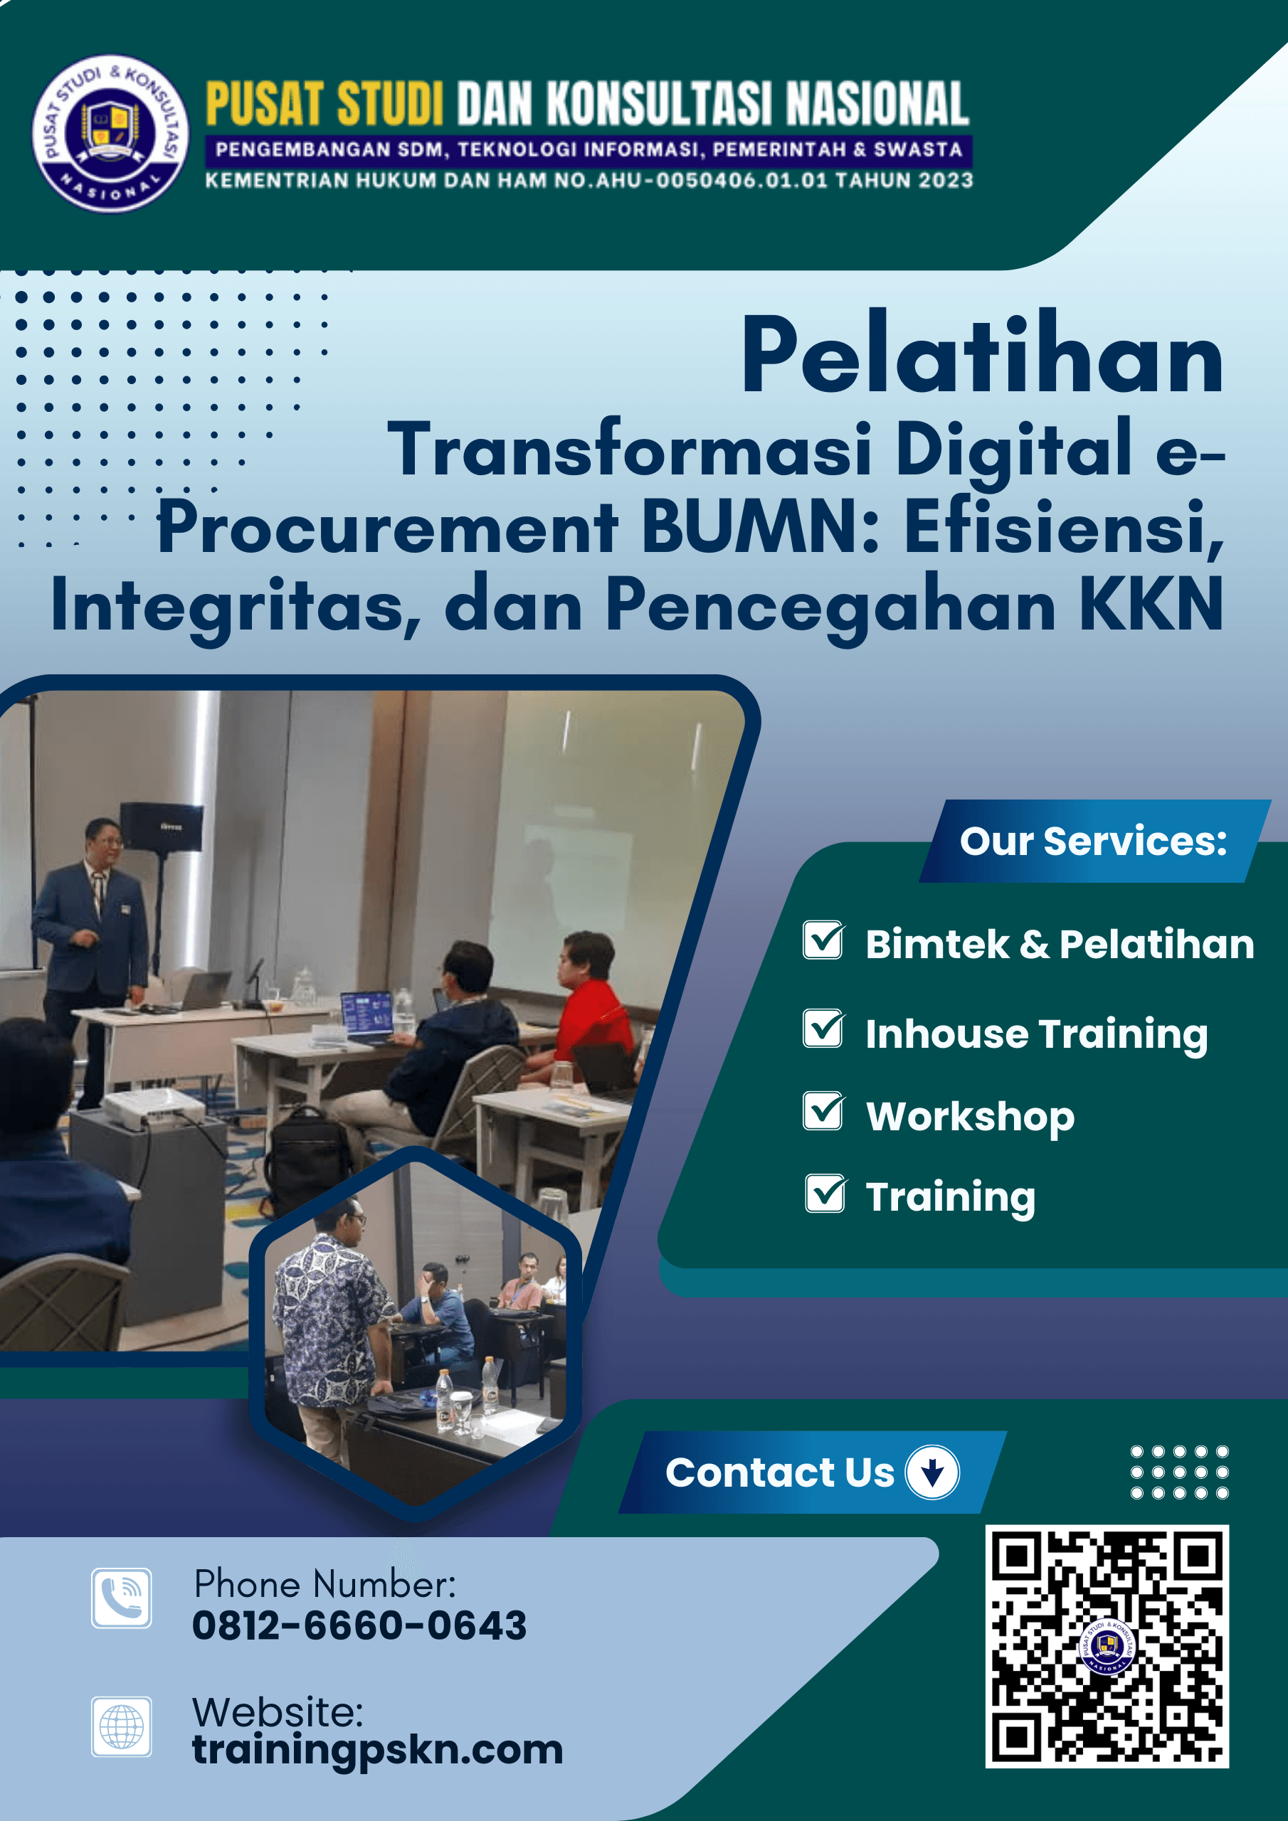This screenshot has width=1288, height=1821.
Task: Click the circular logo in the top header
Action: coord(110,133)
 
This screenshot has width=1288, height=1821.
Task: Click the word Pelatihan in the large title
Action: coord(983,354)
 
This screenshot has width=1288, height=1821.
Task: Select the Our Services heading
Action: coord(1093,841)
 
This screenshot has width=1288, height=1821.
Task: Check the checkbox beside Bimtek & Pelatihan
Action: coord(824,940)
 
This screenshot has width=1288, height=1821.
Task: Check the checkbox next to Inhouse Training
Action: coord(824,1029)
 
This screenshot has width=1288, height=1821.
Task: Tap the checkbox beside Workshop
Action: coord(824,1110)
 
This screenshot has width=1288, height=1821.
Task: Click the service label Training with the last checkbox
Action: coord(950,1198)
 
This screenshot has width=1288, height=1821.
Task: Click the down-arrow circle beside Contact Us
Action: coord(932,1472)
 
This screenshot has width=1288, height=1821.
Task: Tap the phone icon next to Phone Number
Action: coord(122,1598)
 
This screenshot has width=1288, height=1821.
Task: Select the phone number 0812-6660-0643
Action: coord(359,1625)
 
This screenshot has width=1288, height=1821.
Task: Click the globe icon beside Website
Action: coord(122,1726)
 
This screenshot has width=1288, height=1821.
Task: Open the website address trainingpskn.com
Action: coord(378,1751)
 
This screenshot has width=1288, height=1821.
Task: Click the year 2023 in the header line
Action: coord(945,181)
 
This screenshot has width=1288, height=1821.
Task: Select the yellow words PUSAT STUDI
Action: coord(324,103)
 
